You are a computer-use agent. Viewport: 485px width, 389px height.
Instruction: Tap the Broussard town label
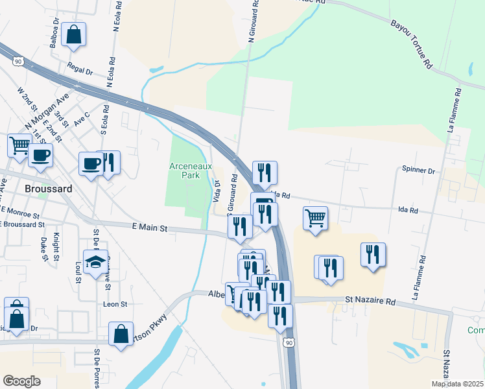coord(47,189)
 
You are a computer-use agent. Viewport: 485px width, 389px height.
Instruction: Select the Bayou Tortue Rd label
coord(411,44)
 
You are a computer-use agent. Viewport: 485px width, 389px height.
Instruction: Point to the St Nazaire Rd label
coord(370,301)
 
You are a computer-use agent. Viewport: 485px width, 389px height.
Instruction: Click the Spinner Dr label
coord(418,171)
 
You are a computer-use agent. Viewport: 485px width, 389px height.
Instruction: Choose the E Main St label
coord(150,228)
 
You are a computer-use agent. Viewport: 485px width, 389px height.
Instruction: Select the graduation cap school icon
coord(96,262)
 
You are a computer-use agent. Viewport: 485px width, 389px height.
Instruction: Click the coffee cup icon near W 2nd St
coord(41,156)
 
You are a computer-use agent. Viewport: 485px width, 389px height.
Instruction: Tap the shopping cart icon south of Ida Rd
coord(315,218)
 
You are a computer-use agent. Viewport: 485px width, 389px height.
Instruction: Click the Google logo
coord(21,381)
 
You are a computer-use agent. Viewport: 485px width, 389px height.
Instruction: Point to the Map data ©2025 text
coord(458,384)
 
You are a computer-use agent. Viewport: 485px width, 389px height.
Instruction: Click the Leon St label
coord(114,303)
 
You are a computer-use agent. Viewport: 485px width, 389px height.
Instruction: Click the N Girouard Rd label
coord(254,23)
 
